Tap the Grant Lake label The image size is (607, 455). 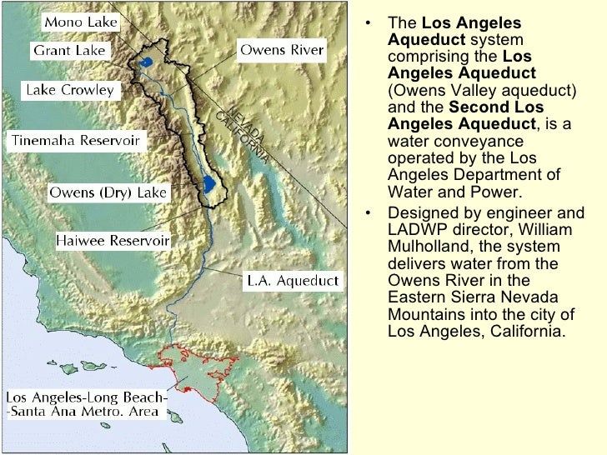69,51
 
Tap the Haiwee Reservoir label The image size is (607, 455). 113,241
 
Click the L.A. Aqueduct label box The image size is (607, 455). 290,280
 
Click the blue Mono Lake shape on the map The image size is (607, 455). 147,62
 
